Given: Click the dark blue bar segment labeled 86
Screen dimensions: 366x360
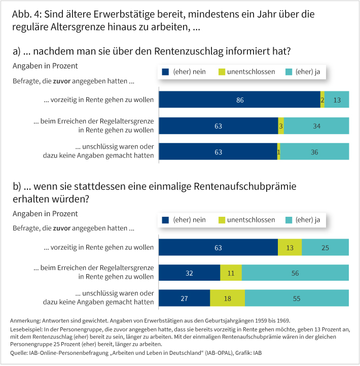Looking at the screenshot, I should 239,100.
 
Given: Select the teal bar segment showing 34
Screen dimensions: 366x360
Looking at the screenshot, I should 316,125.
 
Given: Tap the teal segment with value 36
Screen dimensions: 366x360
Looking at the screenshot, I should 314,151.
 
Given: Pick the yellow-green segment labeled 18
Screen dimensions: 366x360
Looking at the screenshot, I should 227,298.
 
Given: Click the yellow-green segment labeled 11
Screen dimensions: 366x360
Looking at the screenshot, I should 231,273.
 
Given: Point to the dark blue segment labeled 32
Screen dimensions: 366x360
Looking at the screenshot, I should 189,273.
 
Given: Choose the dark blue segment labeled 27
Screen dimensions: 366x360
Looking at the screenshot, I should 184,298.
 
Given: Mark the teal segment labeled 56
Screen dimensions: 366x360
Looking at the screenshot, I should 295,273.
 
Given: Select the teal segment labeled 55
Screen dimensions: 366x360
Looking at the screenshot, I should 297,298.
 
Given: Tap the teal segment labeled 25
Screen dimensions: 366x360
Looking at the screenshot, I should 325,247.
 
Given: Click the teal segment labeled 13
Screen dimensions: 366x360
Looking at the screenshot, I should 337,100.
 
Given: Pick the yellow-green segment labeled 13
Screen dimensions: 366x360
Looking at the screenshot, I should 290,247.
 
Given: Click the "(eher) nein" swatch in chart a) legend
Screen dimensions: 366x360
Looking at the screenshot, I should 165,72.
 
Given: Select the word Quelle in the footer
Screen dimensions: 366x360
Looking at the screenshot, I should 20,353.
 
